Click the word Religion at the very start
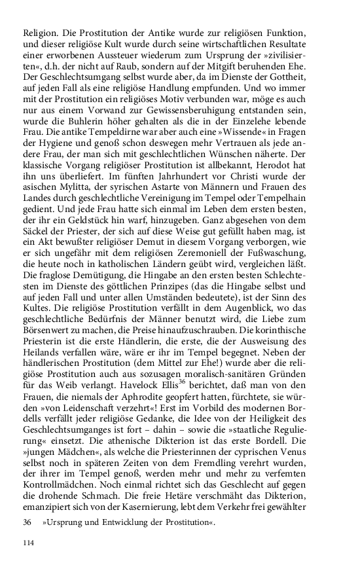click(x=40, y=31)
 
